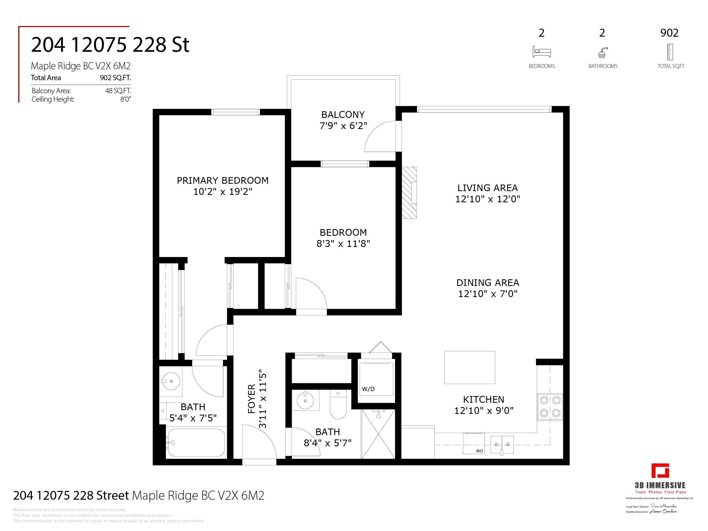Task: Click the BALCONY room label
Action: tap(343, 115)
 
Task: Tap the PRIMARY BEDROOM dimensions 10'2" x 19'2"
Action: tap(223, 192)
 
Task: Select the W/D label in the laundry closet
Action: tap(368, 389)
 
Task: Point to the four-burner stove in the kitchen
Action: tap(550, 406)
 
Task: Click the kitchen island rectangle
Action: tap(470, 367)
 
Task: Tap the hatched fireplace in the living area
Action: tap(409, 193)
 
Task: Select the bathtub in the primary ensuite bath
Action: tap(196, 443)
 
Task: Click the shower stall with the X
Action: tap(378, 434)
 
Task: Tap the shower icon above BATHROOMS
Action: tap(602, 53)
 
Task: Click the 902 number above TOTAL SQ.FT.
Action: tap(669, 33)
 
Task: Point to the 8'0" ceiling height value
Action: tap(126, 99)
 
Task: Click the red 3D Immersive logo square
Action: tap(660, 470)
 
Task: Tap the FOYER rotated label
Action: tap(252, 399)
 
